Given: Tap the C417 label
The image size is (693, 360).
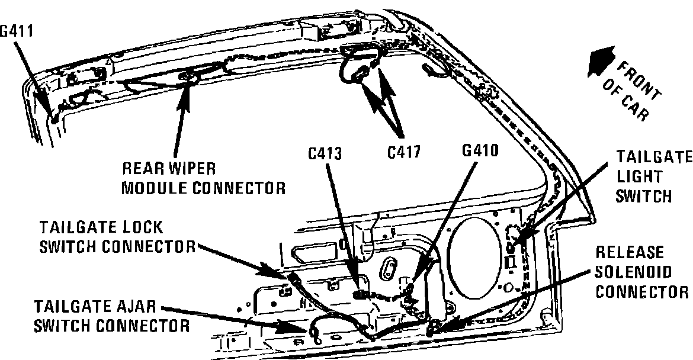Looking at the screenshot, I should tap(405, 152).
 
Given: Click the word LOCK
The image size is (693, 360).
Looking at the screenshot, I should tap(137, 228).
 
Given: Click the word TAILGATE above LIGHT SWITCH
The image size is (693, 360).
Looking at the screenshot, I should tap(654, 157).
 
